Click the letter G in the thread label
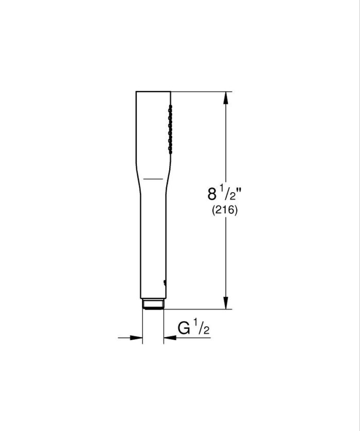tap(184, 327)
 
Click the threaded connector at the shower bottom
tap(153, 305)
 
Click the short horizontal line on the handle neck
tap(153, 178)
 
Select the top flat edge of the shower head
tap(153, 91)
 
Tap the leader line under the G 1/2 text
tap(190, 338)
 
